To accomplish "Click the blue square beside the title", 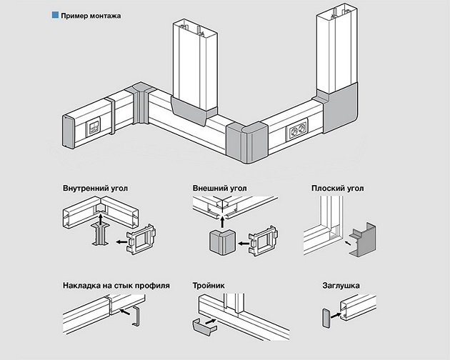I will (x=55, y=14).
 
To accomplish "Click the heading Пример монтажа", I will (x=91, y=14).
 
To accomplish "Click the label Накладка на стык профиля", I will (x=115, y=285).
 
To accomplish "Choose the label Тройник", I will (x=209, y=285).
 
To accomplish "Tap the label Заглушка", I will (x=340, y=285).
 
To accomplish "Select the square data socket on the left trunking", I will (x=92, y=129).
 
